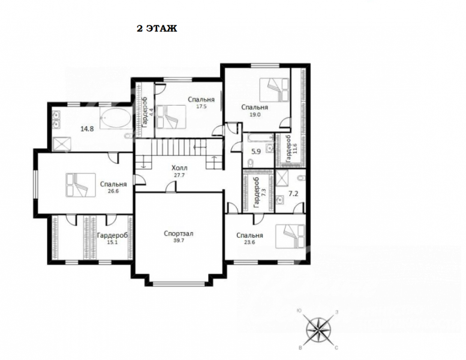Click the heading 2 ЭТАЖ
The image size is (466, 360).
(157, 29)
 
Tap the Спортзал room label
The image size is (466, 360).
(179, 233)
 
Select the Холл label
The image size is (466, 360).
(179, 168)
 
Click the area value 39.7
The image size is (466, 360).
(179, 241)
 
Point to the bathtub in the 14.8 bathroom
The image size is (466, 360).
(115, 118)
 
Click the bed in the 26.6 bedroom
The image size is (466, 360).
(80, 185)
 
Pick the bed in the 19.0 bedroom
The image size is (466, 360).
(274, 90)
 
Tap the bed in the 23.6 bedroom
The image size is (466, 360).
(290, 236)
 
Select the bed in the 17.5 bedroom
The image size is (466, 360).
(171, 117)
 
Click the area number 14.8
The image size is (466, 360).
(87, 129)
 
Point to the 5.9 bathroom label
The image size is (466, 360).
(256, 152)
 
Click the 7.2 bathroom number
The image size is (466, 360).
(293, 194)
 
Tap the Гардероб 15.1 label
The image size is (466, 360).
(112, 238)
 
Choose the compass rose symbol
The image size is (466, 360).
(318, 330)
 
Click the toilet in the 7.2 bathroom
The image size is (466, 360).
(301, 178)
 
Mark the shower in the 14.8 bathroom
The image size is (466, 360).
(62, 145)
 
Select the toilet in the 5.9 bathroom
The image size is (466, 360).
(251, 163)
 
